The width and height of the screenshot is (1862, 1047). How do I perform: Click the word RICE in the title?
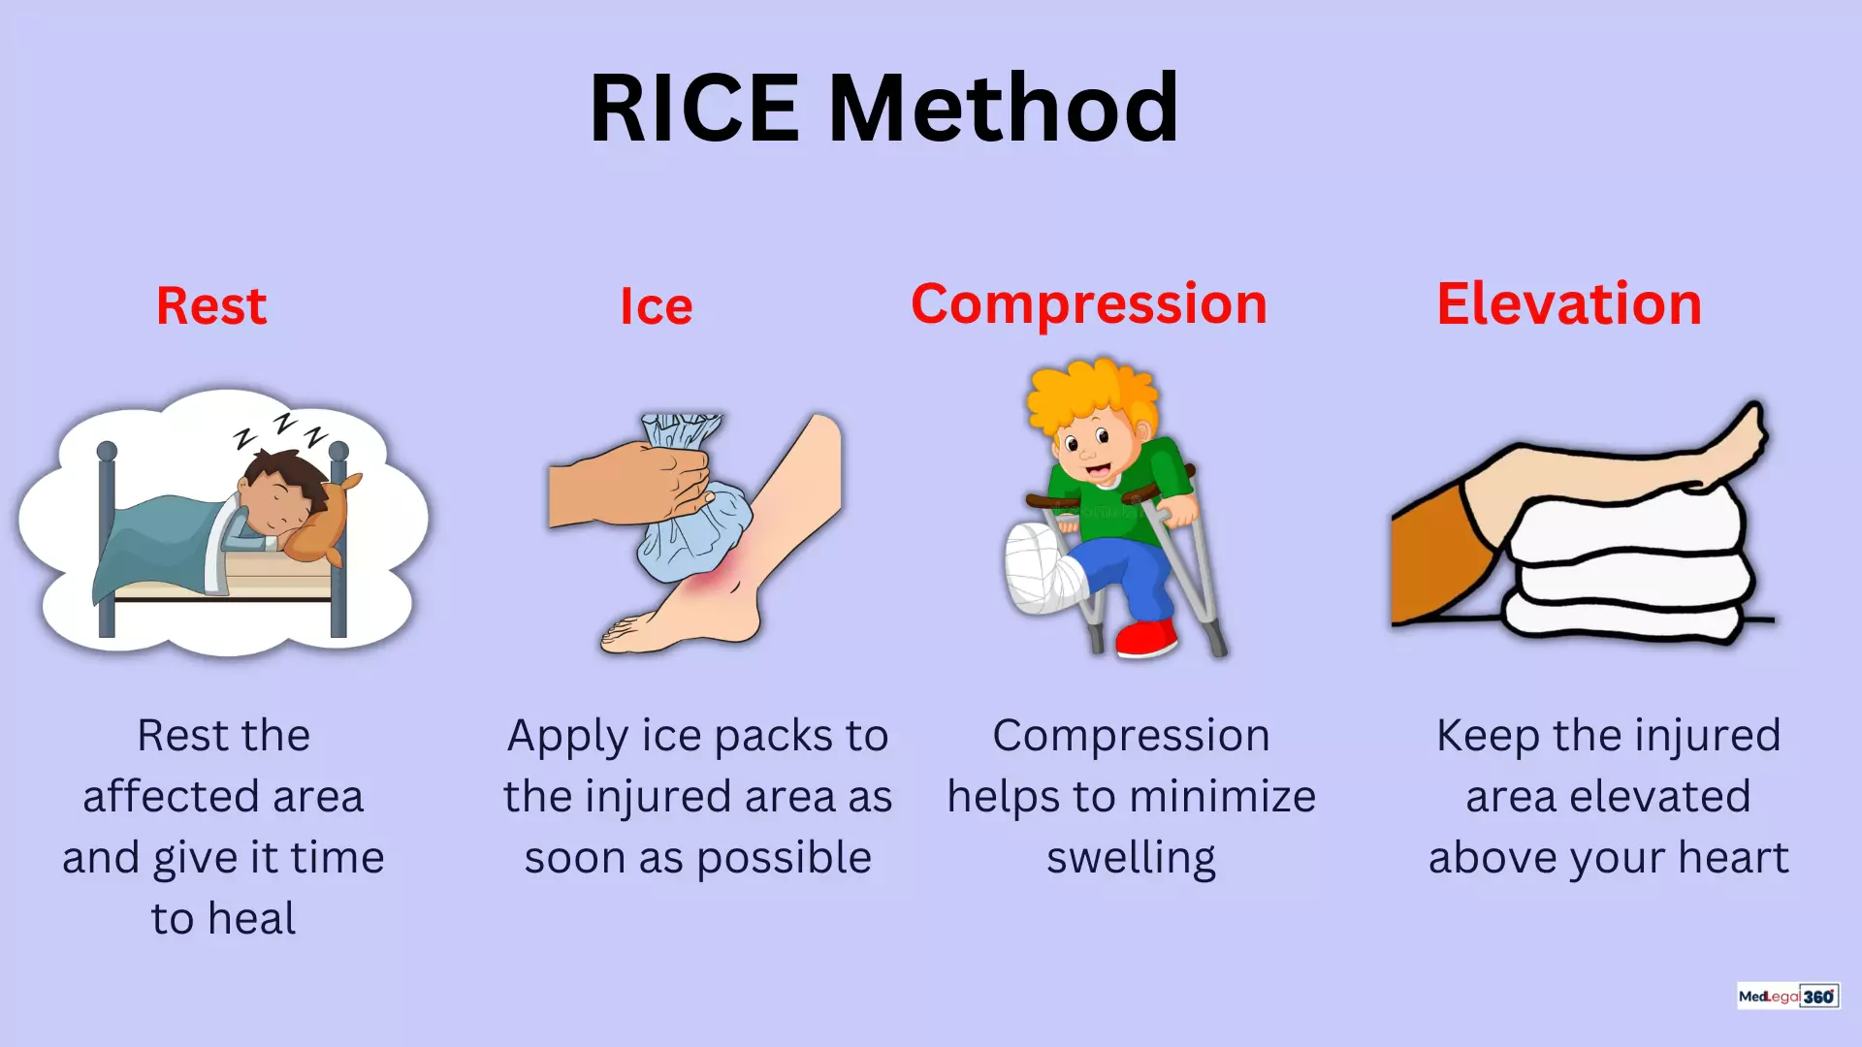[x=693, y=108]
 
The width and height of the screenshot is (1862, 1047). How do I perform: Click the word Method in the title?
[x=1003, y=108]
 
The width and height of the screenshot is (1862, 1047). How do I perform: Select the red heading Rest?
[x=211, y=306]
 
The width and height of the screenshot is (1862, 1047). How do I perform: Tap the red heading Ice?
[x=657, y=307]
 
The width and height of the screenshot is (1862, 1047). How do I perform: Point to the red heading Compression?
[x=1089, y=304]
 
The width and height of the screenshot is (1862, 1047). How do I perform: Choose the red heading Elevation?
[x=1569, y=304]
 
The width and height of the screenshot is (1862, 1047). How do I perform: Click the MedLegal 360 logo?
[x=1788, y=996]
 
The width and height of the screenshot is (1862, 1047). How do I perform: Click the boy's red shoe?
[x=1146, y=639]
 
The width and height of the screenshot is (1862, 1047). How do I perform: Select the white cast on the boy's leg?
[x=1043, y=569]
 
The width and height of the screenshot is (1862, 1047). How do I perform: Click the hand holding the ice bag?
[x=630, y=483]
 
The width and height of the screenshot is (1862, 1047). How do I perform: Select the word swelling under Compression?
[x=1131, y=859]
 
